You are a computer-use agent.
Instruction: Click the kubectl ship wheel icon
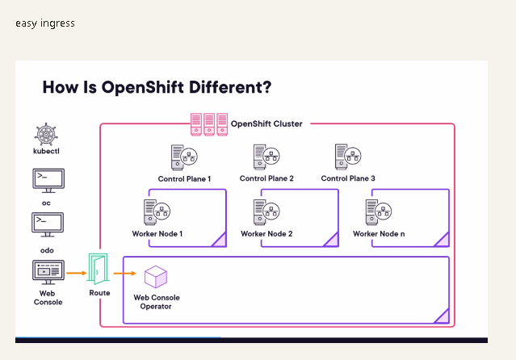tap(46, 134)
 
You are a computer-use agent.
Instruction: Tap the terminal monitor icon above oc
tap(48, 181)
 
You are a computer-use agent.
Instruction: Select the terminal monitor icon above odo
tap(48, 224)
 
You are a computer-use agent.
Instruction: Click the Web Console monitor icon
tap(48, 273)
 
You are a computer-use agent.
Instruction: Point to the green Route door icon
tap(98, 269)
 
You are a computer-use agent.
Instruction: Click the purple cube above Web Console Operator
tap(156, 277)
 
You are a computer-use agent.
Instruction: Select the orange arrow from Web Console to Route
tap(77, 273)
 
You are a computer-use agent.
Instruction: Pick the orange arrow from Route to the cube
tap(124, 273)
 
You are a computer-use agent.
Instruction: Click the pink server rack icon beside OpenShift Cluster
tap(209, 124)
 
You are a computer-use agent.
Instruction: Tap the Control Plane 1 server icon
tap(184, 157)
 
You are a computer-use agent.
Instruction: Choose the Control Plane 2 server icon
tap(266, 157)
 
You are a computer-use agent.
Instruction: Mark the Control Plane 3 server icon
tap(348, 157)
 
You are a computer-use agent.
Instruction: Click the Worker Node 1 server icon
tap(157, 212)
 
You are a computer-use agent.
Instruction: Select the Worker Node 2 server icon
tap(266, 212)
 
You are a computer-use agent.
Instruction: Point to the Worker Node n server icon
tap(379, 212)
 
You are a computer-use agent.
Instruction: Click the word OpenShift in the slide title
tap(142, 87)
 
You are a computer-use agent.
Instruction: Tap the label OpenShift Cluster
tap(266, 123)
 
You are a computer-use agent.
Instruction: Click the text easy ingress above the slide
tap(45, 23)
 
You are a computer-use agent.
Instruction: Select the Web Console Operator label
tap(157, 302)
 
